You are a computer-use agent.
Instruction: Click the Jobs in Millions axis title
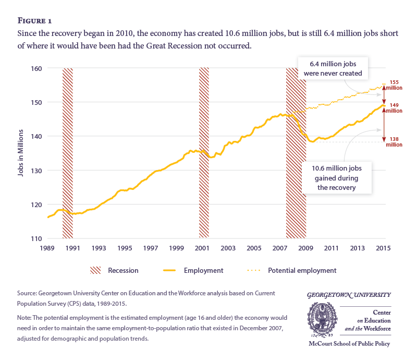tap(21, 153)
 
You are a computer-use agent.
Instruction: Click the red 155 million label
tap(395, 85)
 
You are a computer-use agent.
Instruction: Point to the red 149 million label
tap(395, 107)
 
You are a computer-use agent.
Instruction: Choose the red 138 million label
tap(395, 141)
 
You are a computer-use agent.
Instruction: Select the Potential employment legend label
tap(302, 270)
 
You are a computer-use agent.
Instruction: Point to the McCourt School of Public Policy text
tap(349, 344)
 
